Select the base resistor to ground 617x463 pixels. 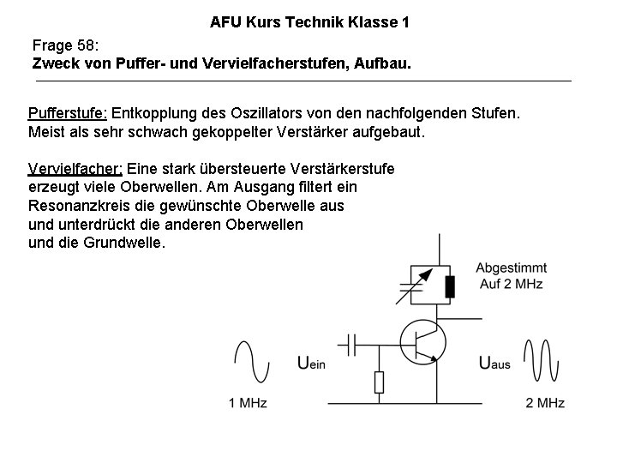(x=379, y=382)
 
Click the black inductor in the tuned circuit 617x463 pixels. (x=449, y=286)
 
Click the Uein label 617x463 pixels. (x=311, y=364)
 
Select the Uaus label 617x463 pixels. (x=494, y=364)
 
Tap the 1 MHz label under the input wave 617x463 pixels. (x=248, y=402)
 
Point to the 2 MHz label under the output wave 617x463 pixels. (x=544, y=402)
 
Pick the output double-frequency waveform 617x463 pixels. (x=543, y=361)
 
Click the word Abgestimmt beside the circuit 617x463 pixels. (x=509, y=268)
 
